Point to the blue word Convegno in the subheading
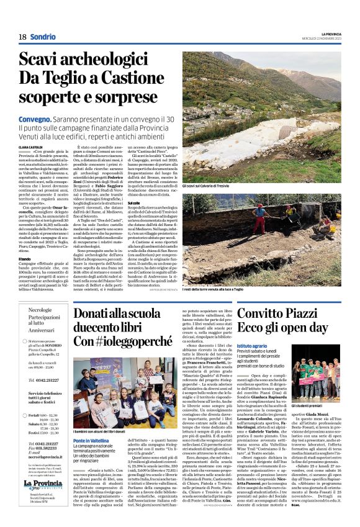(35, 119)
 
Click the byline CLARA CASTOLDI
(32, 146)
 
